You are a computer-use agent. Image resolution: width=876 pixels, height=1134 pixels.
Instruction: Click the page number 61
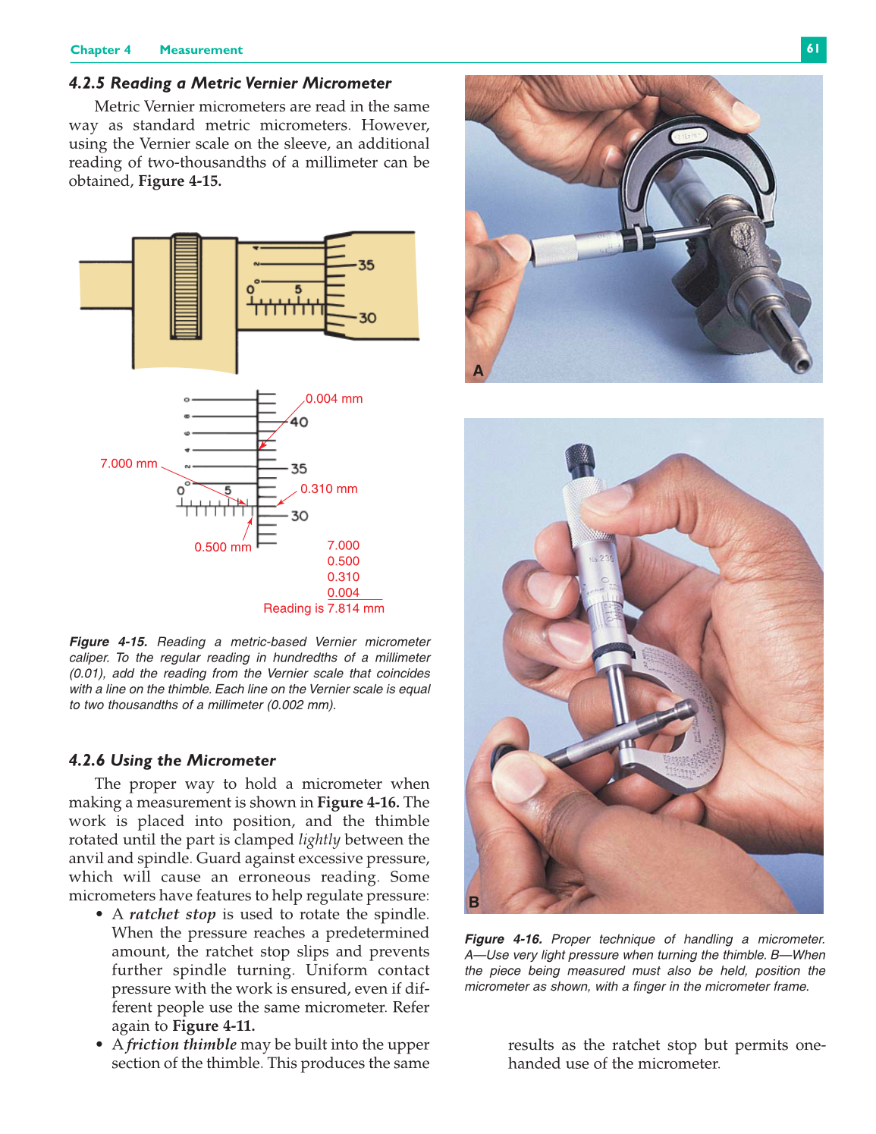coord(813,49)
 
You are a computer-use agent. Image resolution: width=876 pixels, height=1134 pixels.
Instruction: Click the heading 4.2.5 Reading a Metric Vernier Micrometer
coord(230,83)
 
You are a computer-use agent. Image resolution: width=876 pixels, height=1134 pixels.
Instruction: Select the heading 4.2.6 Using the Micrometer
coord(172,761)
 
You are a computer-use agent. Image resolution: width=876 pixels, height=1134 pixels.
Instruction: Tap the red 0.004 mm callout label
coord(334,399)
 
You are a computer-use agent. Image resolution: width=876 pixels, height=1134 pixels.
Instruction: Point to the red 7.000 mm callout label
coord(129,463)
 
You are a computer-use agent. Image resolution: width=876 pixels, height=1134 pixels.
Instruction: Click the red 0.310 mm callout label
coord(328,489)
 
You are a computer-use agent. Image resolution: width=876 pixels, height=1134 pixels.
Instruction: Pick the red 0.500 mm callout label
coord(222,548)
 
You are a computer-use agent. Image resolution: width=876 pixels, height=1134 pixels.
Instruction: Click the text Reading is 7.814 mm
coord(323,608)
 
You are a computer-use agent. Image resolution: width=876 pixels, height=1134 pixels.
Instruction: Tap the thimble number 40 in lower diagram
coord(299,423)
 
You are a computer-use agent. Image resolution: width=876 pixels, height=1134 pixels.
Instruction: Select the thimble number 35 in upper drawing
coord(366,265)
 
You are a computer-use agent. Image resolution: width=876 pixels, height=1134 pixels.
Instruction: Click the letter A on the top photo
coord(478,371)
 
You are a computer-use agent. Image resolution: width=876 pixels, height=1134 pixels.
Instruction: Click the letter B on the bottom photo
coord(474,902)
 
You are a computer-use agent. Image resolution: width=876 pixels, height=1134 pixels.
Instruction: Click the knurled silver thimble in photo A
coord(554,250)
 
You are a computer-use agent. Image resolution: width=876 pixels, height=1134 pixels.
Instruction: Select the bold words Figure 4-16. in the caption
coord(503,939)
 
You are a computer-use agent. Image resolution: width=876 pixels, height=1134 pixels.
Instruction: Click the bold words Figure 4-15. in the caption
coord(108,642)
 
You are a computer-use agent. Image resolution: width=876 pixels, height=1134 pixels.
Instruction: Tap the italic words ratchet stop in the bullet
coord(172,915)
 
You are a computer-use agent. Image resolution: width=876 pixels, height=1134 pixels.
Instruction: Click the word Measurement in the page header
coord(201,50)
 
